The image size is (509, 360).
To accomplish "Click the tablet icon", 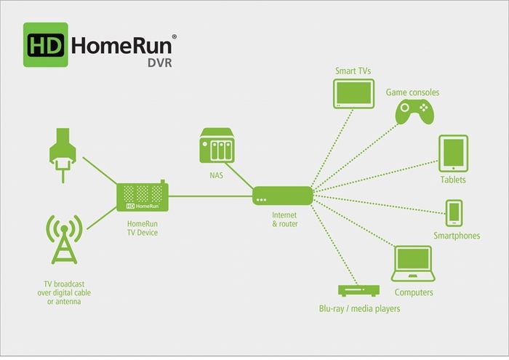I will [453, 153].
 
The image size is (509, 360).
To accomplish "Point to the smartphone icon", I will [454, 212].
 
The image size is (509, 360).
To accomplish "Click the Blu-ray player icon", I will [359, 289].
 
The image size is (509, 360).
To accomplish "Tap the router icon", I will [283, 196].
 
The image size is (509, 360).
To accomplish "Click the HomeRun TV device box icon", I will [142, 197].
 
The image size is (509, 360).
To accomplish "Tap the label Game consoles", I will [412, 92].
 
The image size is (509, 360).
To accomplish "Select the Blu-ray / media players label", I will [359, 308].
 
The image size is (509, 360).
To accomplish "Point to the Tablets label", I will [453, 180].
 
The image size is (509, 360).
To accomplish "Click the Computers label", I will [413, 292].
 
